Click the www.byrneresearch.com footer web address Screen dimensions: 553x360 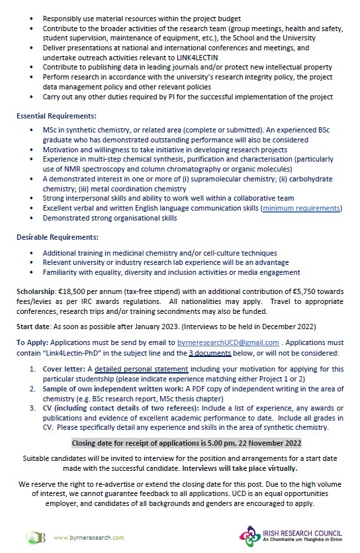click(85, 536)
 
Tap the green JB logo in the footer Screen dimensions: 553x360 click(36, 536)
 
